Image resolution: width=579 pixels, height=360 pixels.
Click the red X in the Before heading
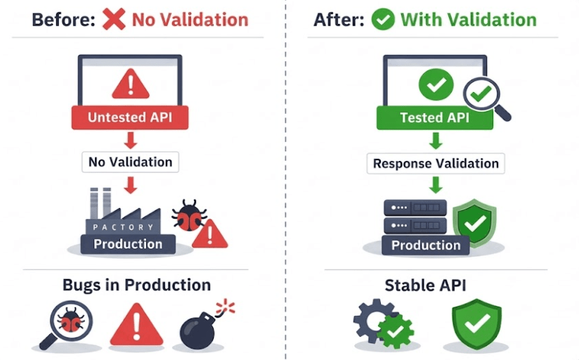coord(114,18)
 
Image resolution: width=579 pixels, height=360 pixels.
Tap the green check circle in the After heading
coord(383,18)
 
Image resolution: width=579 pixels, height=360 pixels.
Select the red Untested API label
coord(130,117)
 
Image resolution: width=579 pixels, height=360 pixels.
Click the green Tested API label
coord(434,117)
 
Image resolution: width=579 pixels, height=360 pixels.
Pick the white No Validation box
coord(130,162)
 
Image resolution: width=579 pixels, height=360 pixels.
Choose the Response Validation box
coord(436,163)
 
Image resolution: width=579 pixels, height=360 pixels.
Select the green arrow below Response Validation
coord(436,184)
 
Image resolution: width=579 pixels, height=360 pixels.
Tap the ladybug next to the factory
coord(188,214)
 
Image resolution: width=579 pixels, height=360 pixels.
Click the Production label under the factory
coord(128,244)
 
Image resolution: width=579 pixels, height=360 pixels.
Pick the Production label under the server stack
coord(426,245)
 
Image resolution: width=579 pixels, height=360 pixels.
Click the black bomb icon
coord(200,329)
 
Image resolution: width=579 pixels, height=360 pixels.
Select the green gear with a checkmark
coord(396,329)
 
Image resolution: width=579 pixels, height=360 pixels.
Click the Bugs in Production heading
coord(136,285)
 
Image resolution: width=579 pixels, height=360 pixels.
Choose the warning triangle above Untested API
coord(130,85)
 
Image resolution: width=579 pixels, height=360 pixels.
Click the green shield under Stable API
coord(477,323)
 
